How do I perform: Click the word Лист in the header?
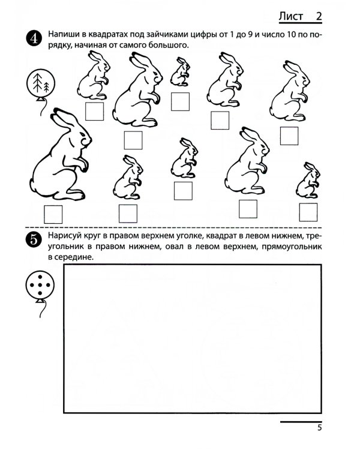(x=290, y=16)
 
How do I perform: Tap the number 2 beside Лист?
(x=319, y=16)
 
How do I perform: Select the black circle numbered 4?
(x=34, y=38)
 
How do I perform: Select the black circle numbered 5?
(x=34, y=239)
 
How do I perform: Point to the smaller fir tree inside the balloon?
(x=46, y=86)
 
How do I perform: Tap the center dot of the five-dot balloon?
(x=40, y=285)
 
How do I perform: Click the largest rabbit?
(x=61, y=154)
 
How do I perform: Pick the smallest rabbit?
(x=180, y=71)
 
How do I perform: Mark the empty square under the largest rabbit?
(x=53, y=214)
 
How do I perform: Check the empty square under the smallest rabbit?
(x=180, y=101)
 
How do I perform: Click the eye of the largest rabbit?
(x=82, y=134)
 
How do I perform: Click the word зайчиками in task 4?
(x=167, y=34)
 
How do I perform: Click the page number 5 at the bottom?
(x=320, y=428)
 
